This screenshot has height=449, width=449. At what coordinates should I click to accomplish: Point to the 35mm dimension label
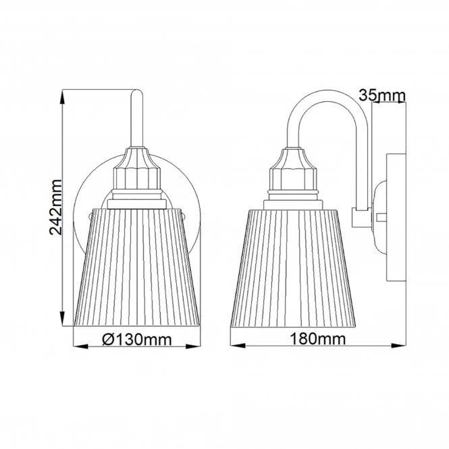coord(381,96)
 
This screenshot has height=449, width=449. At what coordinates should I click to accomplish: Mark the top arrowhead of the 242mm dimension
coord(63,95)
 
